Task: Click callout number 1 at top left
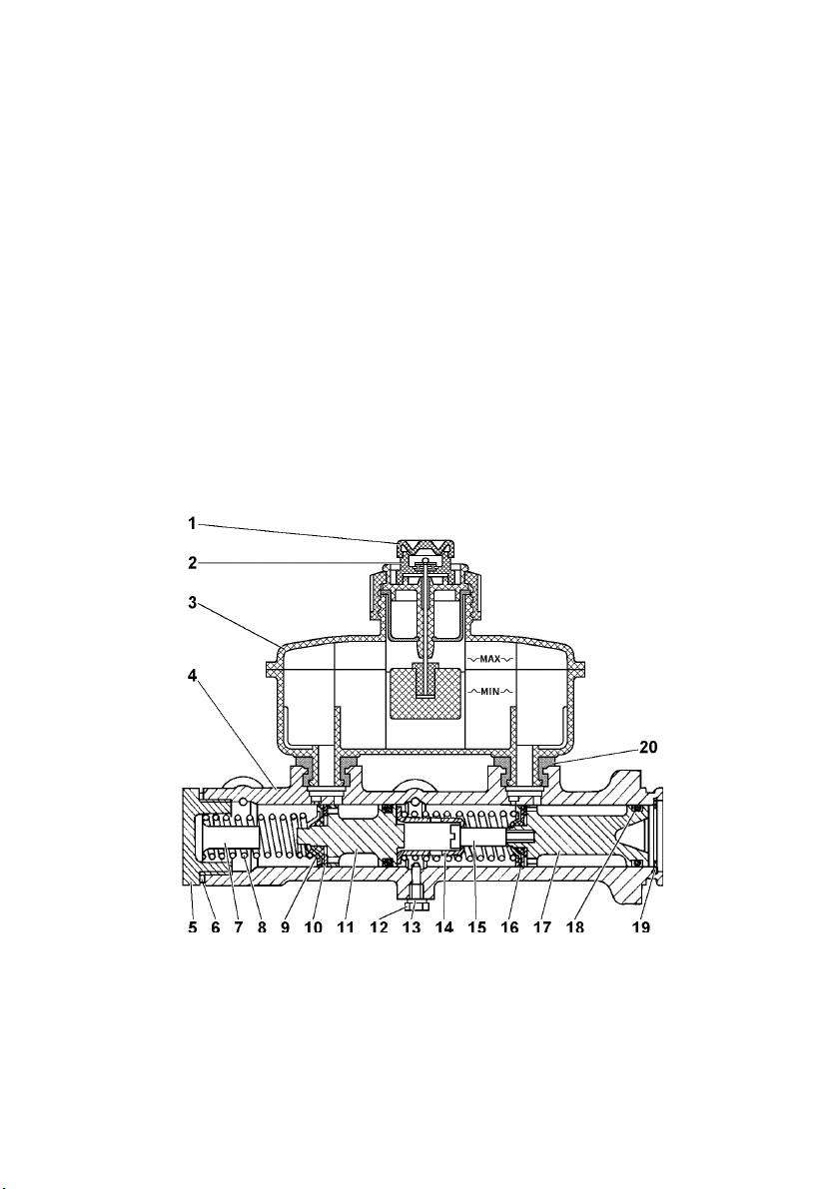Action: (193, 523)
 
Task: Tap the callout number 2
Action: (193, 563)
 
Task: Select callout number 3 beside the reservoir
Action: (193, 603)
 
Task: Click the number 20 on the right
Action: (648, 747)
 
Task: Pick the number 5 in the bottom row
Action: (193, 926)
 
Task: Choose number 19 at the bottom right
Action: (641, 926)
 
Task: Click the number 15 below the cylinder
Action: (476, 926)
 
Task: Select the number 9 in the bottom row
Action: (286, 926)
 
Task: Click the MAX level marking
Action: (489, 659)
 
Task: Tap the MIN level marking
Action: (489, 691)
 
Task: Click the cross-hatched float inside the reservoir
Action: (424, 693)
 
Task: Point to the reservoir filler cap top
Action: (424, 545)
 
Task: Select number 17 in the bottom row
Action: (541, 926)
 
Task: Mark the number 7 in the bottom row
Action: (239, 926)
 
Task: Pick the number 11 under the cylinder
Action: (346, 926)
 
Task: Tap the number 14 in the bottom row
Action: (443, 926)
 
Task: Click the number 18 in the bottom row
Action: (575, 926)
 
